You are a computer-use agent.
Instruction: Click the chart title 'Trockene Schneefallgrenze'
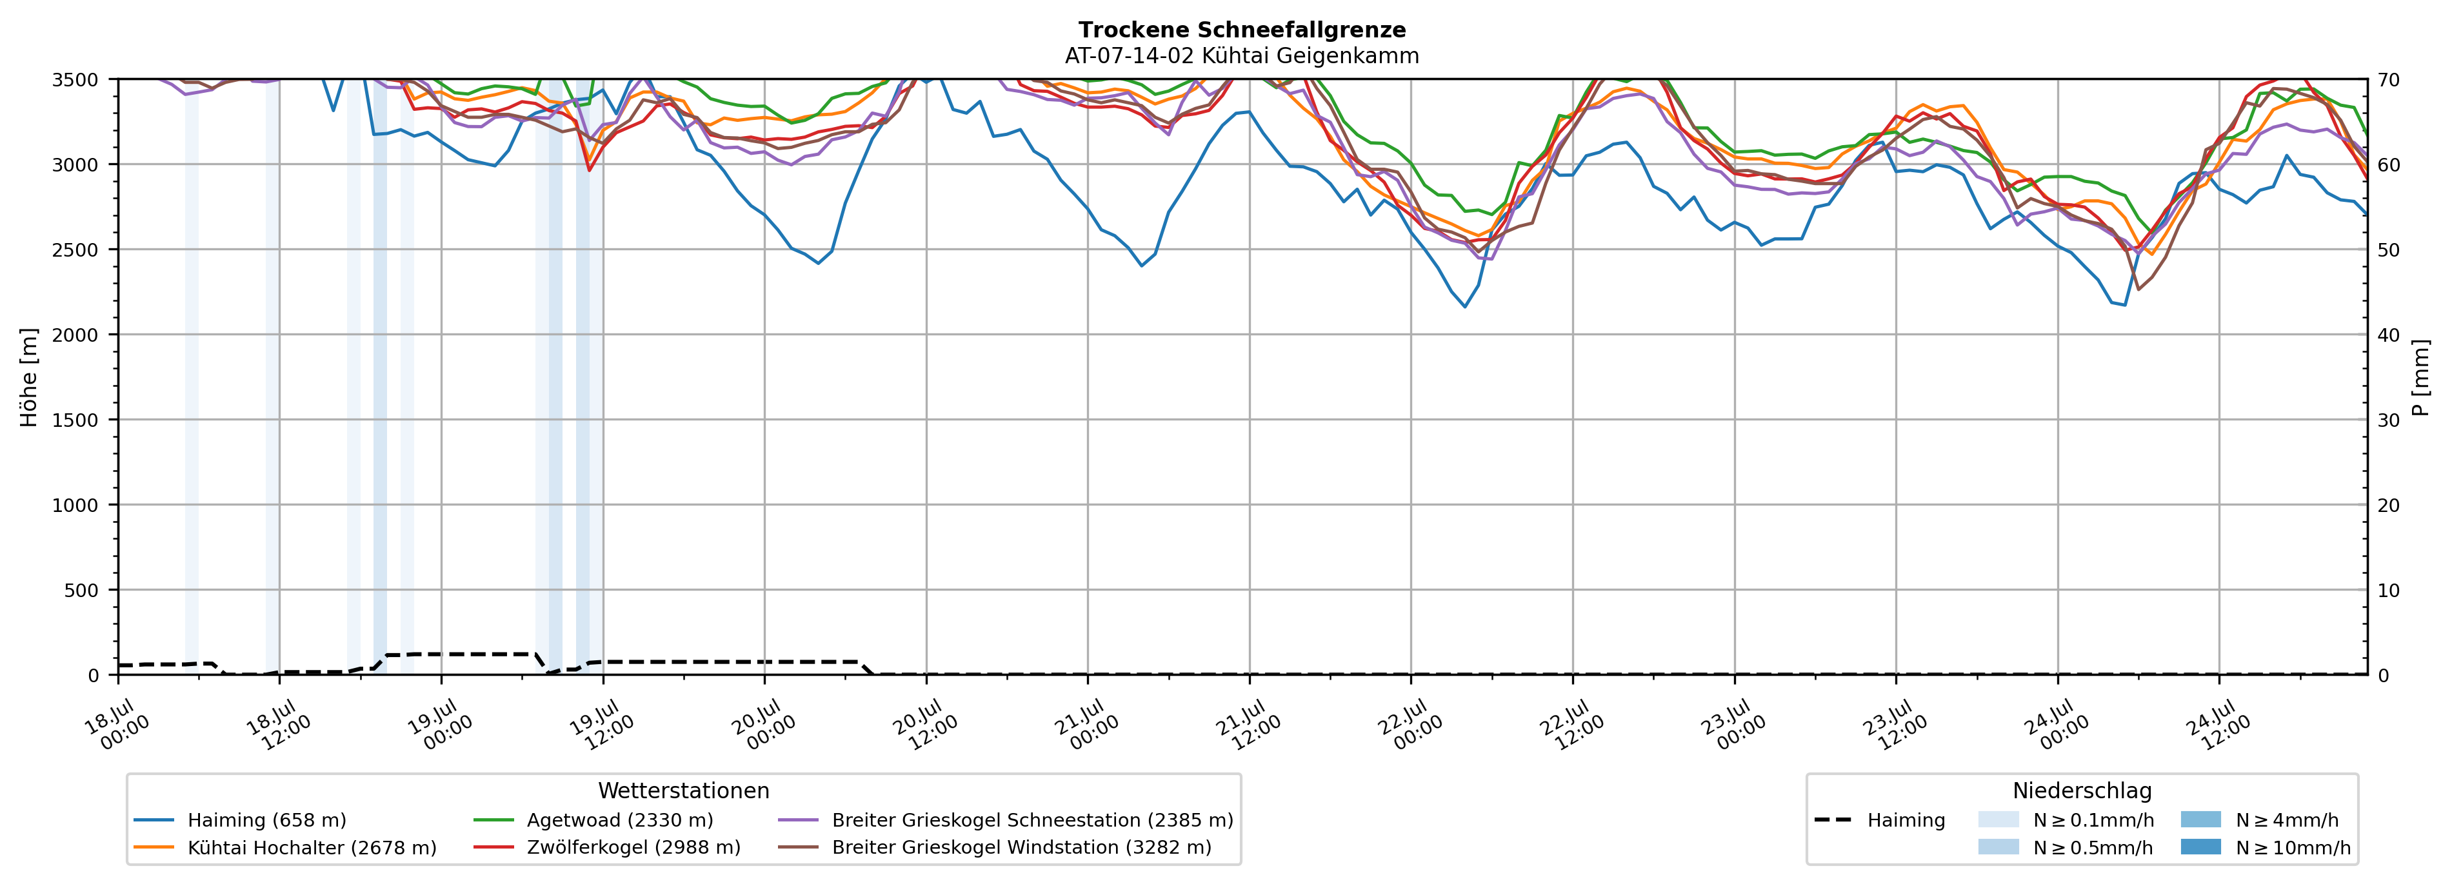click(x=1242, y=30)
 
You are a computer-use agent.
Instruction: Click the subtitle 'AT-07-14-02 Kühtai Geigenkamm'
click(x=1242, y=55)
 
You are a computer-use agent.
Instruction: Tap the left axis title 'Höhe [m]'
click(x=30, y=377)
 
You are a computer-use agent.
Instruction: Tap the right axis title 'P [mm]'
click(x=2420, y=377)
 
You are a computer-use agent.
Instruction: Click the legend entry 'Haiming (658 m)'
click(x=240, y=820)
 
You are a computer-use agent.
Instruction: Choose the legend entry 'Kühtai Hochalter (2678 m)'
click(x=286, y=848)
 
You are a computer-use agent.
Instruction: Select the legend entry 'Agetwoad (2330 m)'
click(x=593, y=820)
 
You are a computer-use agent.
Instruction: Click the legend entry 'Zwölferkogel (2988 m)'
click(x=607, y=848)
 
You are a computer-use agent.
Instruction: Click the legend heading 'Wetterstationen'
click(x=683, y=791)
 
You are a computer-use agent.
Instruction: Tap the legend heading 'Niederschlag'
click(x=2082, y=791)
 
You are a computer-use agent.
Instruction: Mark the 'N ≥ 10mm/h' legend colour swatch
click(x=2200, y=847)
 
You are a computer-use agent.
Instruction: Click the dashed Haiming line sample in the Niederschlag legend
click(x=1832, y=820)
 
